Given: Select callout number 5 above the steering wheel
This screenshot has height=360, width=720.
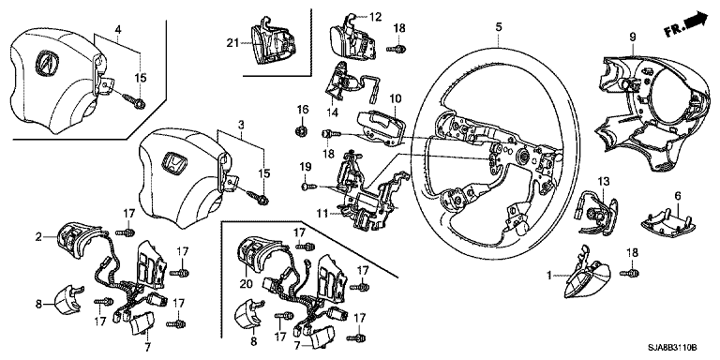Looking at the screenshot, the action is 498,27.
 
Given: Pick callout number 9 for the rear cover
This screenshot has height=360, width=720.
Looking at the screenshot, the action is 632,37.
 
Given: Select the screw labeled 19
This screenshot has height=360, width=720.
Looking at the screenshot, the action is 308,187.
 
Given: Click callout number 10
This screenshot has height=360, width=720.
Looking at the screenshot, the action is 396,98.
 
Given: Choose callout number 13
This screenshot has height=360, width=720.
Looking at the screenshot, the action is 603,181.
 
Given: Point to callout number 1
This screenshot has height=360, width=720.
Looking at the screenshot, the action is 548,276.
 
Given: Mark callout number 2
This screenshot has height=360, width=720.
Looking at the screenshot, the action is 38,237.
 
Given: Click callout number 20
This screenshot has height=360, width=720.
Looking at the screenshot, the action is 247,285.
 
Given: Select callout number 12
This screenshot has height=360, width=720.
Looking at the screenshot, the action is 375,18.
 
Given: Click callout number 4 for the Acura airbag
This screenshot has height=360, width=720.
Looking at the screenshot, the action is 118,29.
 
